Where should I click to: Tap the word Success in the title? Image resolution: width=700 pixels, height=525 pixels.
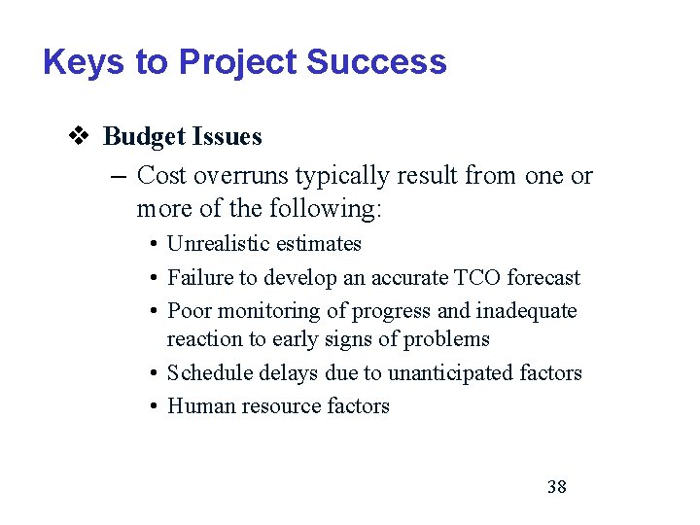[375, 63]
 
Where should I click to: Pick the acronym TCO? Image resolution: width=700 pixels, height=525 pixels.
[475, 278]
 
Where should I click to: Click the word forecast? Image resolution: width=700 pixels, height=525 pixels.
[543, 278]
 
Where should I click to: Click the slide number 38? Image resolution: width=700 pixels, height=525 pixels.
[556, 486]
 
